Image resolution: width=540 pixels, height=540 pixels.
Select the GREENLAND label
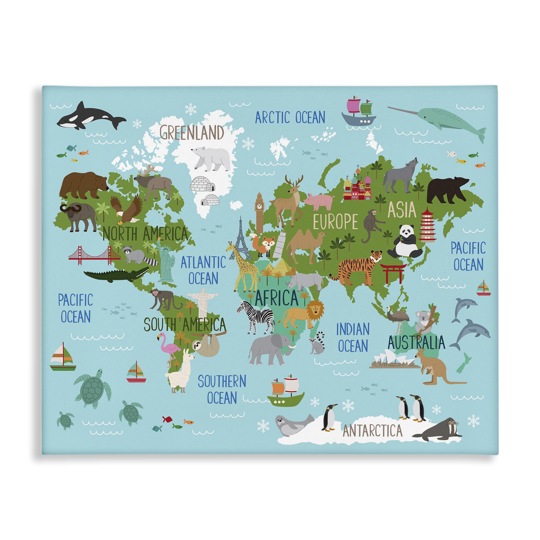[x=192, y=132]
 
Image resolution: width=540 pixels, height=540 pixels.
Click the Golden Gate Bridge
[x=94, y=255]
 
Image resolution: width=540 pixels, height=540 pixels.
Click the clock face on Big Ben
[x=259, y=206]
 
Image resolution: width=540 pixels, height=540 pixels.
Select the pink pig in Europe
[x=319, y=201]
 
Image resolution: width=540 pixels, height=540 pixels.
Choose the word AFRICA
[x=276, y=298]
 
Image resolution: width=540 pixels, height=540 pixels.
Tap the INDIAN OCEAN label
[x=353, y=337]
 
